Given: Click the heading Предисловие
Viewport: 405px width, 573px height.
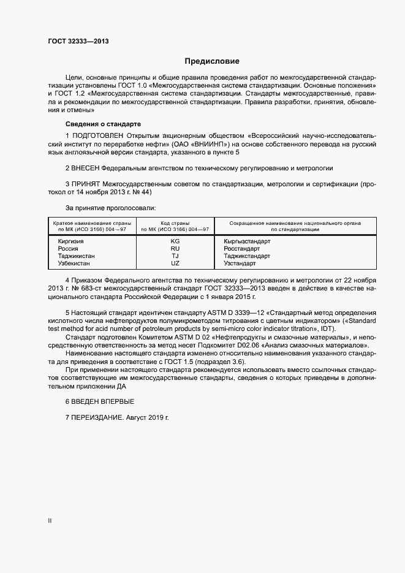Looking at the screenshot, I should (x=212, y=61).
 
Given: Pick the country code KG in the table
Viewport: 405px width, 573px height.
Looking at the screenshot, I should (x=175, y=241).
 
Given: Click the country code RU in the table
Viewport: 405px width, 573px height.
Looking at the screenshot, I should (x=175, y=249).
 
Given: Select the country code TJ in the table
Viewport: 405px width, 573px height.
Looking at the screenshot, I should (x=175, y=256).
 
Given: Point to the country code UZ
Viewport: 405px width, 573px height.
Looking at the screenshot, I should (x=175, y=264).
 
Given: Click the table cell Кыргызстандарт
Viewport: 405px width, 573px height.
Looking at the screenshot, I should (x=247, y=241).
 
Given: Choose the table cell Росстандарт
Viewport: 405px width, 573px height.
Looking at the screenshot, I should (x=242, y=249).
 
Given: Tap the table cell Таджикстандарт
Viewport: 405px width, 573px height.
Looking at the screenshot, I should (x=247, y=256).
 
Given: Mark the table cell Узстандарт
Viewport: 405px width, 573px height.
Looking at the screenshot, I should (x=240, y=264).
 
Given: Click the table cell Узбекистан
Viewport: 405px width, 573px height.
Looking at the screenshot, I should (x=74, y=264).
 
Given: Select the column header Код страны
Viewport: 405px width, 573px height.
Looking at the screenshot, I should (x=175, y=223).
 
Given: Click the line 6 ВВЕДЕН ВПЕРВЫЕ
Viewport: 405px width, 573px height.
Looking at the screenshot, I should (x=99, y=401).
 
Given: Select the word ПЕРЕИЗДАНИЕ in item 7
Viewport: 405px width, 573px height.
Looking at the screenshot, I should (x=97, y=417).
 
